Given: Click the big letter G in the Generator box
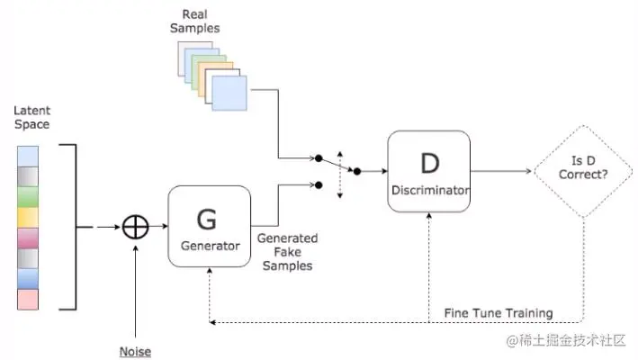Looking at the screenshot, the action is tap(207, 220).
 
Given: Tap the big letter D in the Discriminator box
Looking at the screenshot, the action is tap(429, 164).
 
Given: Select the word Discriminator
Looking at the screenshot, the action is tap(429, 190).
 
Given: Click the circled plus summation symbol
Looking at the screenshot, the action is tap(136, 227).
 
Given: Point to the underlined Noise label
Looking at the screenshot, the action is tap(135, 352).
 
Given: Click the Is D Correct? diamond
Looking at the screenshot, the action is tap(583, 171).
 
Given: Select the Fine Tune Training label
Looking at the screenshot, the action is tap(499, 313).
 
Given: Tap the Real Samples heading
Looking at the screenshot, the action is tap(195, 22).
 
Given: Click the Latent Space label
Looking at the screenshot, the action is tap(31, 117).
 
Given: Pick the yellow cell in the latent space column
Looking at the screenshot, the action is tap(28, 218).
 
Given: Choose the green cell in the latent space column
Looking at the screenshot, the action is tap(28, 197).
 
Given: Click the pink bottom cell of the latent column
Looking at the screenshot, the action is tap(28, 300).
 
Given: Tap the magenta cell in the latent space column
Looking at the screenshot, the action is tap(28, 238).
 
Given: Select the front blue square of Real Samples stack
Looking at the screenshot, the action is tap(229, 94).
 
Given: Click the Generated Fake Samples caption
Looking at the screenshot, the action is tap(288, 252).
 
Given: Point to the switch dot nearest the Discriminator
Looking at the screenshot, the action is tap(357, 171).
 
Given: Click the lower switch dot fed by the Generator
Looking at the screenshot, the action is tap(319, 185).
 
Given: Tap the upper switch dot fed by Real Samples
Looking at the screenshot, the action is tap(319, 157).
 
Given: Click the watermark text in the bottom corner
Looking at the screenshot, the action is tap(566, 340).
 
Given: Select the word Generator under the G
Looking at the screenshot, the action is tap(211, 246).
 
